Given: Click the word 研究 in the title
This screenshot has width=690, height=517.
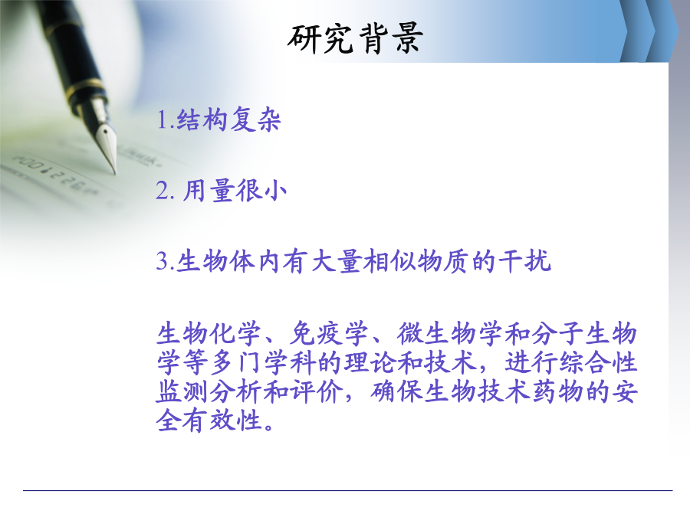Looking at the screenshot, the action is [x=320, y=39].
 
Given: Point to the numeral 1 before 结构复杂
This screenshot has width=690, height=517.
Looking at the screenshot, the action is [x=163, y=119].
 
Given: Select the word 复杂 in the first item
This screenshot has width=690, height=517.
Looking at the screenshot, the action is [x=255, y=119].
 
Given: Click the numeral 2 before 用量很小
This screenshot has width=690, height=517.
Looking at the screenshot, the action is [x=163, y=191].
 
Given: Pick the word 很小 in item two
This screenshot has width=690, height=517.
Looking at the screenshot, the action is [x=261, y=191].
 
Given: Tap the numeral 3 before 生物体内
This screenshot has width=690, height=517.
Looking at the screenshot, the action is [x=163, y=261].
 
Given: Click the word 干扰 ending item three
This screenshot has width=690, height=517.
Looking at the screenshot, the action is [x=524, y=261].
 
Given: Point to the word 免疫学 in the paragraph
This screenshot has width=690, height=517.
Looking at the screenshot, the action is [x=328, y=334].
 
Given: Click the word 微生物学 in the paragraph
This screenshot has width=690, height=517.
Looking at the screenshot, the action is [x=449, y=334].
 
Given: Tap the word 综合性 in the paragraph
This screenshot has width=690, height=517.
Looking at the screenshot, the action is [x=598, y=363].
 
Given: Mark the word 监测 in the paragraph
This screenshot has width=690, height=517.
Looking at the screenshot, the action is [x=182, y=391].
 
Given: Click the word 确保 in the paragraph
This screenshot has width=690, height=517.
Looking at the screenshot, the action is [x=396, y=391].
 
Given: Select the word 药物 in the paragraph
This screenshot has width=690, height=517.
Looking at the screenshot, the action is [x=558, y=391].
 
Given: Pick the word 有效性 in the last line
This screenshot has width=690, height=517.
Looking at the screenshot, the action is [x=222, y=420].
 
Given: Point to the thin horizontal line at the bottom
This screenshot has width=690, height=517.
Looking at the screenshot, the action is [x=347, y=490].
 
